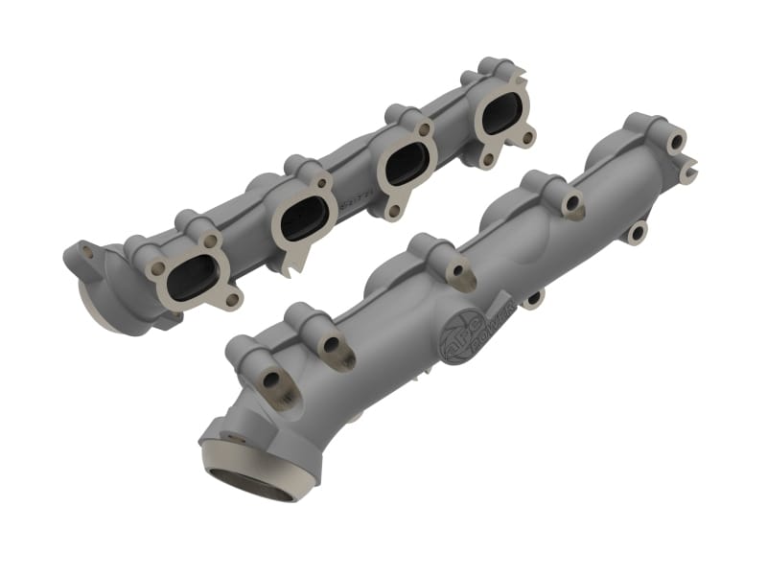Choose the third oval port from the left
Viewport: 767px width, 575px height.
[407, 164]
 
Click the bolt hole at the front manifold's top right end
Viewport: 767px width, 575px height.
[677, 142]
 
